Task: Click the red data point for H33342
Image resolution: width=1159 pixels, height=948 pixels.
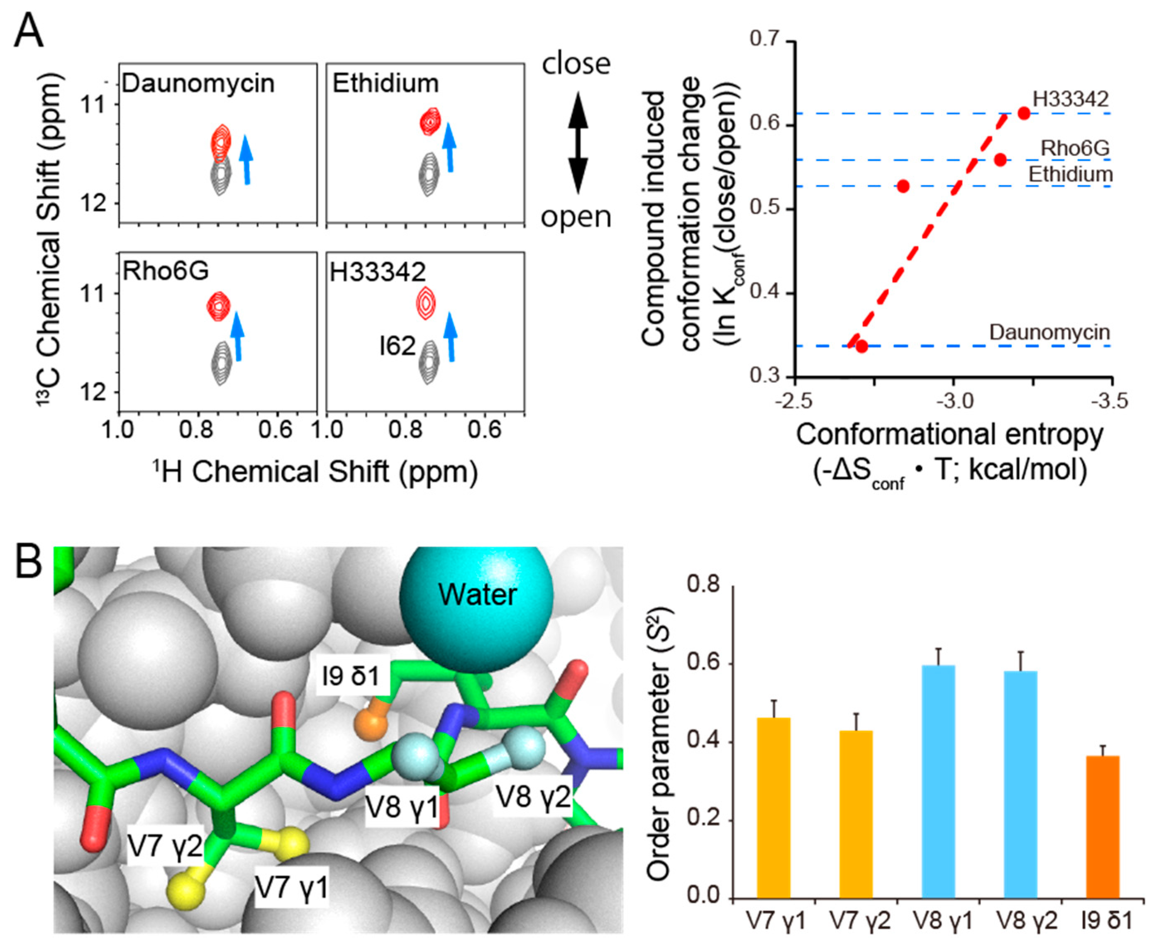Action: click(x=1024, y=114)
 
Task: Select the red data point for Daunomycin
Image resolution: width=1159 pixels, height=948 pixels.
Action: click(x=862, y=346)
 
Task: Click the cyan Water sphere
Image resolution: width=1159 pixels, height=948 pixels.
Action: click(x=476, y=595)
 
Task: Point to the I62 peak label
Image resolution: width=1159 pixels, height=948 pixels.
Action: click(x=398, y=346)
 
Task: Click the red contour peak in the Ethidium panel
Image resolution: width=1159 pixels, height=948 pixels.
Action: click(x=431, y=121)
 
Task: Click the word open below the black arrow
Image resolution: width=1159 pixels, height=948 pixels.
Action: click(x=576, y=217)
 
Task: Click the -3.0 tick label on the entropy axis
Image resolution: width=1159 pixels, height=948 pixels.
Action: click(x=955, y=401)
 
